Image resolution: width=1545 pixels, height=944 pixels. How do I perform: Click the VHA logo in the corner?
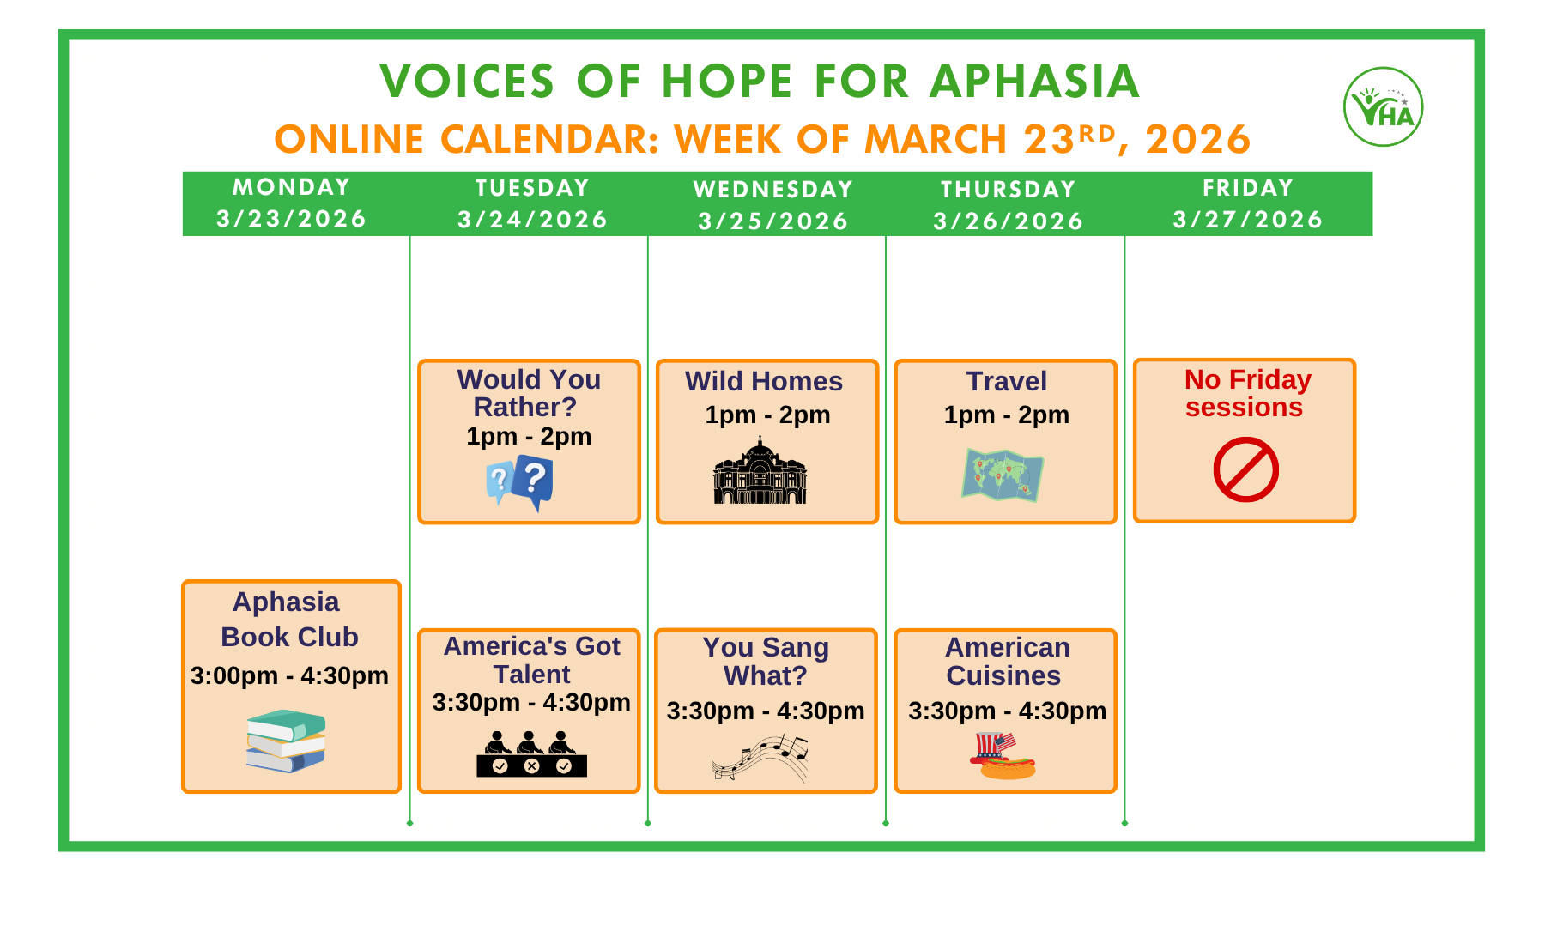[1383, 107]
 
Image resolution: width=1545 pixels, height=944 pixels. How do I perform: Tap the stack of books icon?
[286, 741]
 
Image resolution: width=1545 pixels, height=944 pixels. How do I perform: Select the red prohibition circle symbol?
[1245, 469]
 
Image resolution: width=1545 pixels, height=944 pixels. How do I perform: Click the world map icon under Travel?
[1003, 475]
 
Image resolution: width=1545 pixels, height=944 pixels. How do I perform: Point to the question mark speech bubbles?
[520, 481]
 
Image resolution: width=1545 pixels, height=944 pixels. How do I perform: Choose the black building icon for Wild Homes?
[760, 471]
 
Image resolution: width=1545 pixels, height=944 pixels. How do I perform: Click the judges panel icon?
[531, 754]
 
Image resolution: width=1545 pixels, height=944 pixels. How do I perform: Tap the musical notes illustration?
[760, 758]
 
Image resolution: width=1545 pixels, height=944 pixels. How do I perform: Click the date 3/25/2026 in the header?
[772, 221]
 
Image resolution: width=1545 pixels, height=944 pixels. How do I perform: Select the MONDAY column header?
[292, 187]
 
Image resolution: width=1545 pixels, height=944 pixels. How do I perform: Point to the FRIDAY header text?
[1247, 188]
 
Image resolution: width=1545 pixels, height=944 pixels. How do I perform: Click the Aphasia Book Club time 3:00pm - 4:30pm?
[289, 675]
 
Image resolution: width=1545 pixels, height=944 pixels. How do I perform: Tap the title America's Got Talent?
[531, 659]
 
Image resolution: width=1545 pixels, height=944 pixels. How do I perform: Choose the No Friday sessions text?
[1246, 393]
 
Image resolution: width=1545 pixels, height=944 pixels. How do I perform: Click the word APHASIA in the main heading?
[1034, 82]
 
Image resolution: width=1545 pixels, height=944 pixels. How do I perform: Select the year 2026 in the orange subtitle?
[1197, 140]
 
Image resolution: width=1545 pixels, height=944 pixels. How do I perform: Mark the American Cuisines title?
[1006, 661]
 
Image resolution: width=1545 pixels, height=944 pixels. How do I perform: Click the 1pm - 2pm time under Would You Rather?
[529, 436]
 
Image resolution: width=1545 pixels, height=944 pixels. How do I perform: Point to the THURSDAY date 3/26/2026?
[1008, 221]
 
